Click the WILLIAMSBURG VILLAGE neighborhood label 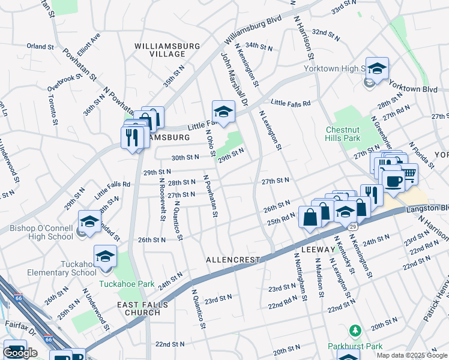(x=159, y=50)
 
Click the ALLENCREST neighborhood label (x=233, y=260)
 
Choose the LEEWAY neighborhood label (x=317, y=249)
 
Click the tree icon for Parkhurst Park (x=355, y=331)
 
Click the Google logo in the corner (x=20, y=353)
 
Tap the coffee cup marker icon (x=393, y=180)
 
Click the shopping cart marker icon (x=408, y=174)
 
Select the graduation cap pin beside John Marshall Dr (x=223, y=111)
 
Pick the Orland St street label (x=40, y=46)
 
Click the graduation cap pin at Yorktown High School (x=377, y=68)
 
